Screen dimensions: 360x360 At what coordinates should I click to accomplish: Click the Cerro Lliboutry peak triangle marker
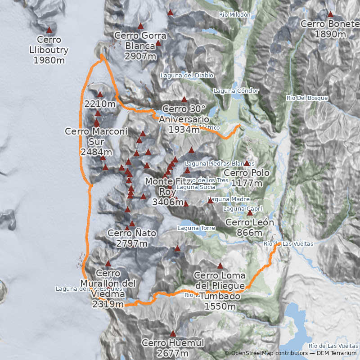coord(49,30)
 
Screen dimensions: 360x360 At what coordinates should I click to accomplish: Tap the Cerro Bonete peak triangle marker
coord(330,14)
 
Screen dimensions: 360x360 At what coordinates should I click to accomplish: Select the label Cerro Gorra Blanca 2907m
coord(140,45)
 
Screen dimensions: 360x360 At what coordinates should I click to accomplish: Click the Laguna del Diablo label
coord(187,75)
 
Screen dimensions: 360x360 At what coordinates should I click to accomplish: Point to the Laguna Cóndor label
coord(236,90)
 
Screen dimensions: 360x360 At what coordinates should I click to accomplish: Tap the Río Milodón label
coord(234,15)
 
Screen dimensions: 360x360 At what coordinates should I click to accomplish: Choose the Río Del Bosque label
coord(307,98)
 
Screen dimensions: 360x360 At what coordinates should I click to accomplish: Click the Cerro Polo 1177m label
coord(247,178)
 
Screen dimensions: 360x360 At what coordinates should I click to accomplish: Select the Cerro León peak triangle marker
coord(250,213)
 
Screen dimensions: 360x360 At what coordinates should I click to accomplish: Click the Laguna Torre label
coord(196,228)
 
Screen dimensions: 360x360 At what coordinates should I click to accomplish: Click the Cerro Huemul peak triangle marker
coord(173,333)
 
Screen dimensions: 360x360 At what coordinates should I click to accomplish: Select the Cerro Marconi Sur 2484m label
coord(96,141)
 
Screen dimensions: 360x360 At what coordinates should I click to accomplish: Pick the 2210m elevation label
coord(100,104)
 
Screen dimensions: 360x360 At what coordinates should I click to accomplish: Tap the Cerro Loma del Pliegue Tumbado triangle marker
coord(220,265)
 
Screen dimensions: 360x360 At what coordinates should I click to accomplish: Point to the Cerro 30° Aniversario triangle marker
coord(184,99)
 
